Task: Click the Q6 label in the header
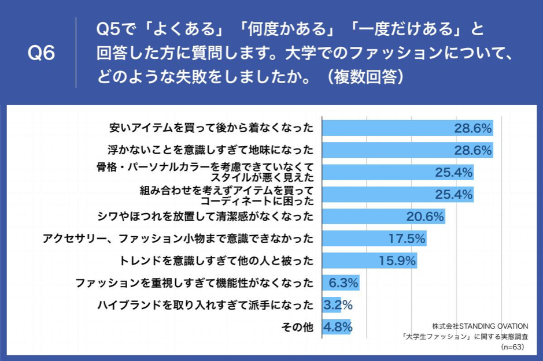tap(41, 54)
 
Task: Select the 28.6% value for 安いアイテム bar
tap(472, 128)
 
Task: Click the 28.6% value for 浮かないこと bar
tap(472, 150)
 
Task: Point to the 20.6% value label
tap(424, 217)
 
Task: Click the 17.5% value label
tap(407, 238)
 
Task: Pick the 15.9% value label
tap(397, 260)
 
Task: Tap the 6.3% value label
tap(343, 283)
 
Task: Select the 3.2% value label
tap(338, 305)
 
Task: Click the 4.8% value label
tap(338, 327)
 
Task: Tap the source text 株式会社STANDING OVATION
tap(480, 326)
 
